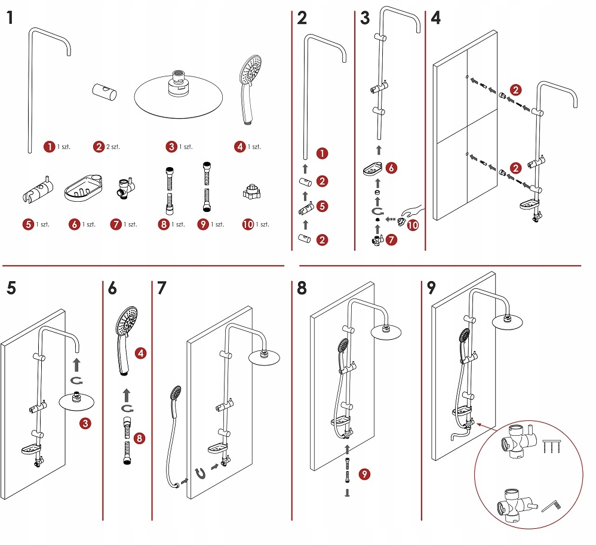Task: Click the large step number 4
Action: pos(435,18)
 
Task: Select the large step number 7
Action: pos(161,288)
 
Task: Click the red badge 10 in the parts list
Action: pos(248,224)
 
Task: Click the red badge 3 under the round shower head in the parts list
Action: pos(171,146)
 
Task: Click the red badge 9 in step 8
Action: pos(364,475)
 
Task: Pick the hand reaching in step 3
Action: pos(413,211)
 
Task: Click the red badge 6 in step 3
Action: pos(390,168)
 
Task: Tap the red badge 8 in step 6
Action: pos(139,439)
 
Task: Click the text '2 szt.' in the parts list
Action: pos(112,146)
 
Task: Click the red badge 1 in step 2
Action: pos(322,154)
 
